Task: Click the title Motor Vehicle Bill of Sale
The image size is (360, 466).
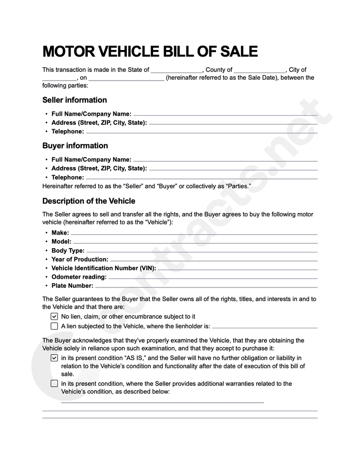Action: [150, 51]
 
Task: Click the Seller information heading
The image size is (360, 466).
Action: [74, 100]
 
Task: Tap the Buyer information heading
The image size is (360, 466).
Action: [75, 146]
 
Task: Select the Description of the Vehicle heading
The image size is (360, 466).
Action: [89, 201]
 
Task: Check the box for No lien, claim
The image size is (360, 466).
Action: [54, 317]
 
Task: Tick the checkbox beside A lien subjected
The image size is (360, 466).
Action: [54, 326]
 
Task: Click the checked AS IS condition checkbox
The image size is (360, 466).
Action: [54, 358]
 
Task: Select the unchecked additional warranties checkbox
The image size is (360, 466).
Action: [54, 383]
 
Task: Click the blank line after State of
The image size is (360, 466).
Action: [177, 71]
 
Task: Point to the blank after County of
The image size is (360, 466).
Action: [260, 71]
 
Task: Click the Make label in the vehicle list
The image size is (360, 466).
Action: [60, 233]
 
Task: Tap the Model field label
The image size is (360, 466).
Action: [61, 242]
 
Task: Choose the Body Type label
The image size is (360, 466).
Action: [68, 251]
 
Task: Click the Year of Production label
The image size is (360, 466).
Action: [80, 260]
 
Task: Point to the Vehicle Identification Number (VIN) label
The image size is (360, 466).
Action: [103, 268]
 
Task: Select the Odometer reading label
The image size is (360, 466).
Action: [79, 277]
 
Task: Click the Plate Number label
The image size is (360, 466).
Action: [72, 286]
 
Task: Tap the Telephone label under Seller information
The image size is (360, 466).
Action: [67, 131]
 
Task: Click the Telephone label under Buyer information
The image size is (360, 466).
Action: [67, 177]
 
